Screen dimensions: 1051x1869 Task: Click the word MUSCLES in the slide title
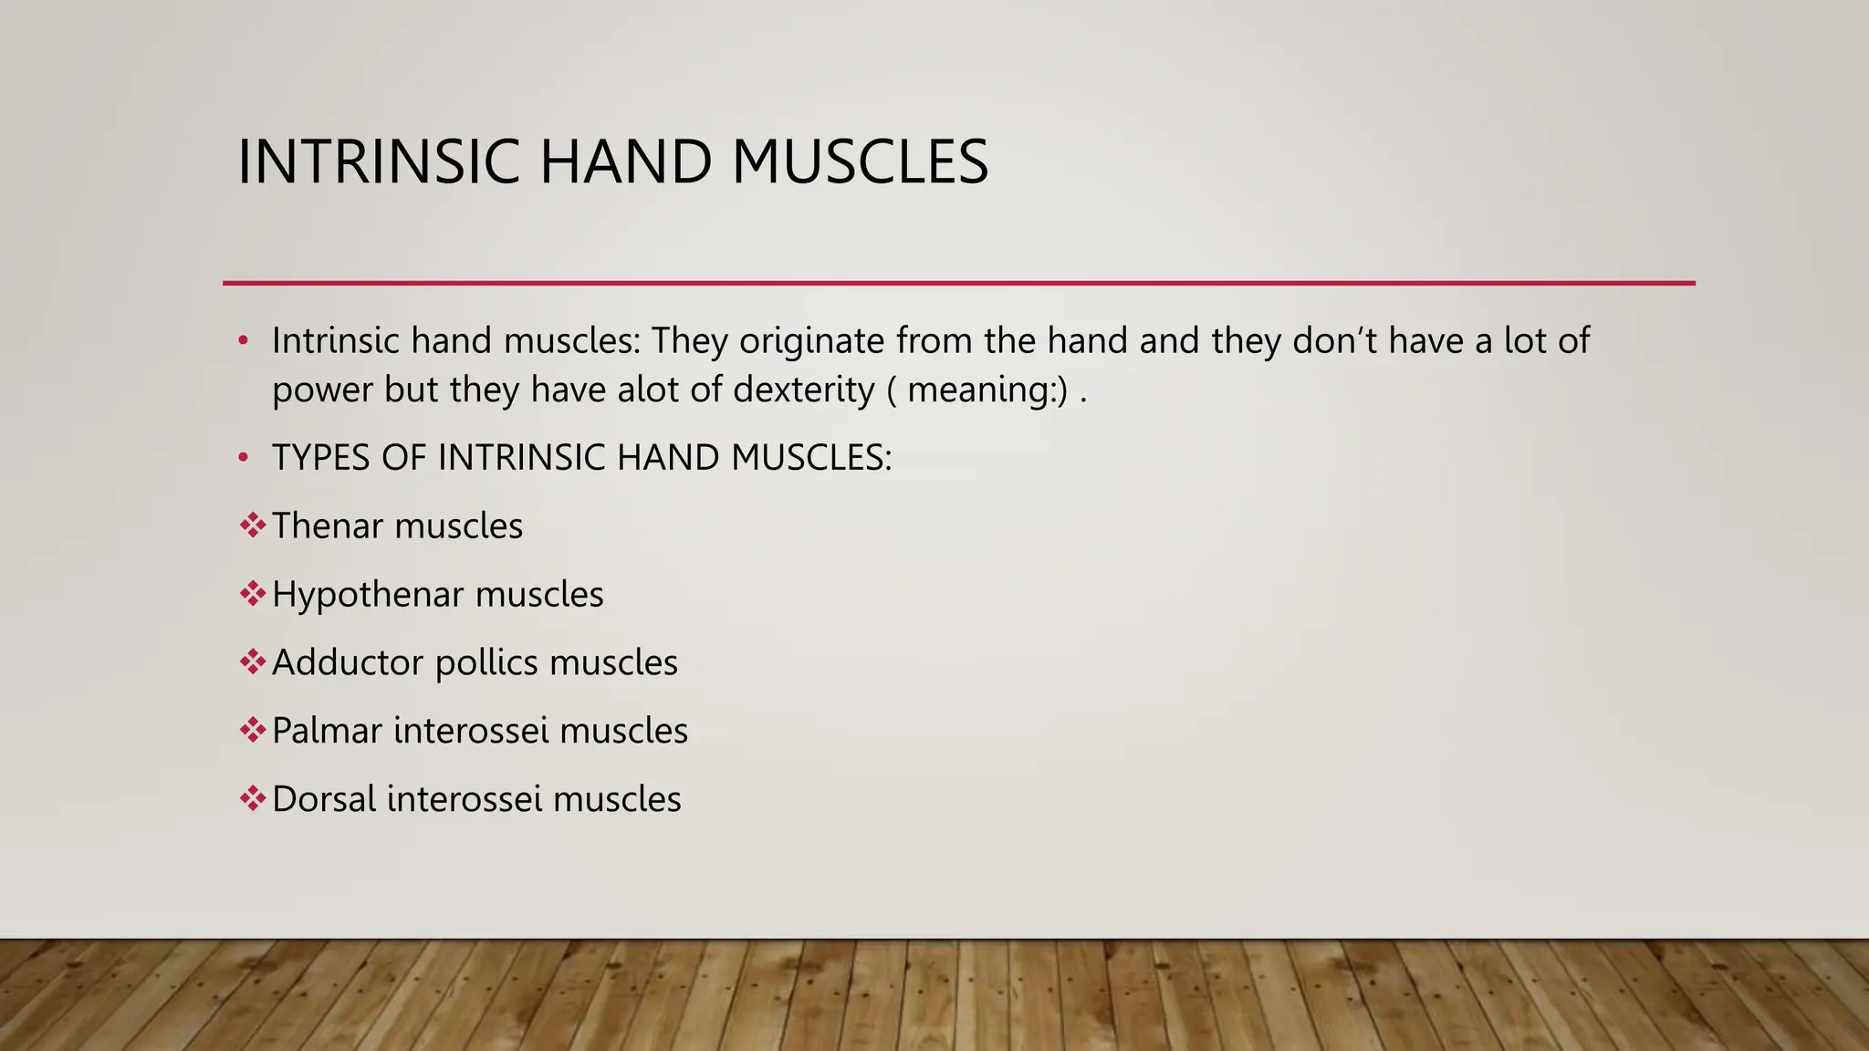tap(860, 162)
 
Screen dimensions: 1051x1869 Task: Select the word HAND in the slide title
tap(626, 162)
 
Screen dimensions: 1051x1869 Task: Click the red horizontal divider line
tap(958, 284)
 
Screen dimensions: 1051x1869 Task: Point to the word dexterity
tap(803, 390)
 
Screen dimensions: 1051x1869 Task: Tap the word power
tap(322, 390)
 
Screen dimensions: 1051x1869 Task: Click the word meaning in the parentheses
tap(981, 390)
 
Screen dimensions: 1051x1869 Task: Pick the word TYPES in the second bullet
tap(320, 458)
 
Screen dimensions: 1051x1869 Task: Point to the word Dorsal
tap(324, 799)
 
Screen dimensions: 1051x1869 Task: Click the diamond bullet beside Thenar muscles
tap(252, 525)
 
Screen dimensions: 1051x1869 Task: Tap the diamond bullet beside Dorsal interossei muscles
tap(252, 798)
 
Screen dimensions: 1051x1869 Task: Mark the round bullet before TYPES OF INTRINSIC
tap(243, 458)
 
